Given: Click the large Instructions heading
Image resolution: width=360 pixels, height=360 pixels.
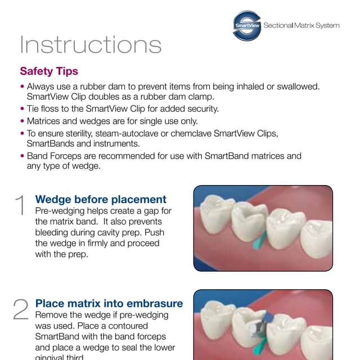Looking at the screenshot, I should pos(91,45).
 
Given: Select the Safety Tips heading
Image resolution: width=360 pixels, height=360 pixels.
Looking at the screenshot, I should pos(49,71).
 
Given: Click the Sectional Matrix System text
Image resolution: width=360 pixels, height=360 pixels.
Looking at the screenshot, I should pos(301,26).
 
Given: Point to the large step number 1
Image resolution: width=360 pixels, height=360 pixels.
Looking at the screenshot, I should pos(20,206).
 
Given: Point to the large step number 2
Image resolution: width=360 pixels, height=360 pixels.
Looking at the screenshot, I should pos(20,309).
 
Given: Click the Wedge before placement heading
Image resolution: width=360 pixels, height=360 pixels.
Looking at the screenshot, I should pos(101,199).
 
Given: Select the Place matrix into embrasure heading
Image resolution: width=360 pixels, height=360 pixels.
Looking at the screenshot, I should pos(109,303).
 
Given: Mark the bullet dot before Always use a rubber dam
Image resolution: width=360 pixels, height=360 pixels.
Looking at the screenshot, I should pos(22,87).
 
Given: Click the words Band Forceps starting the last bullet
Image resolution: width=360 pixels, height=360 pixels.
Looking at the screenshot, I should pos(52,156).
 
